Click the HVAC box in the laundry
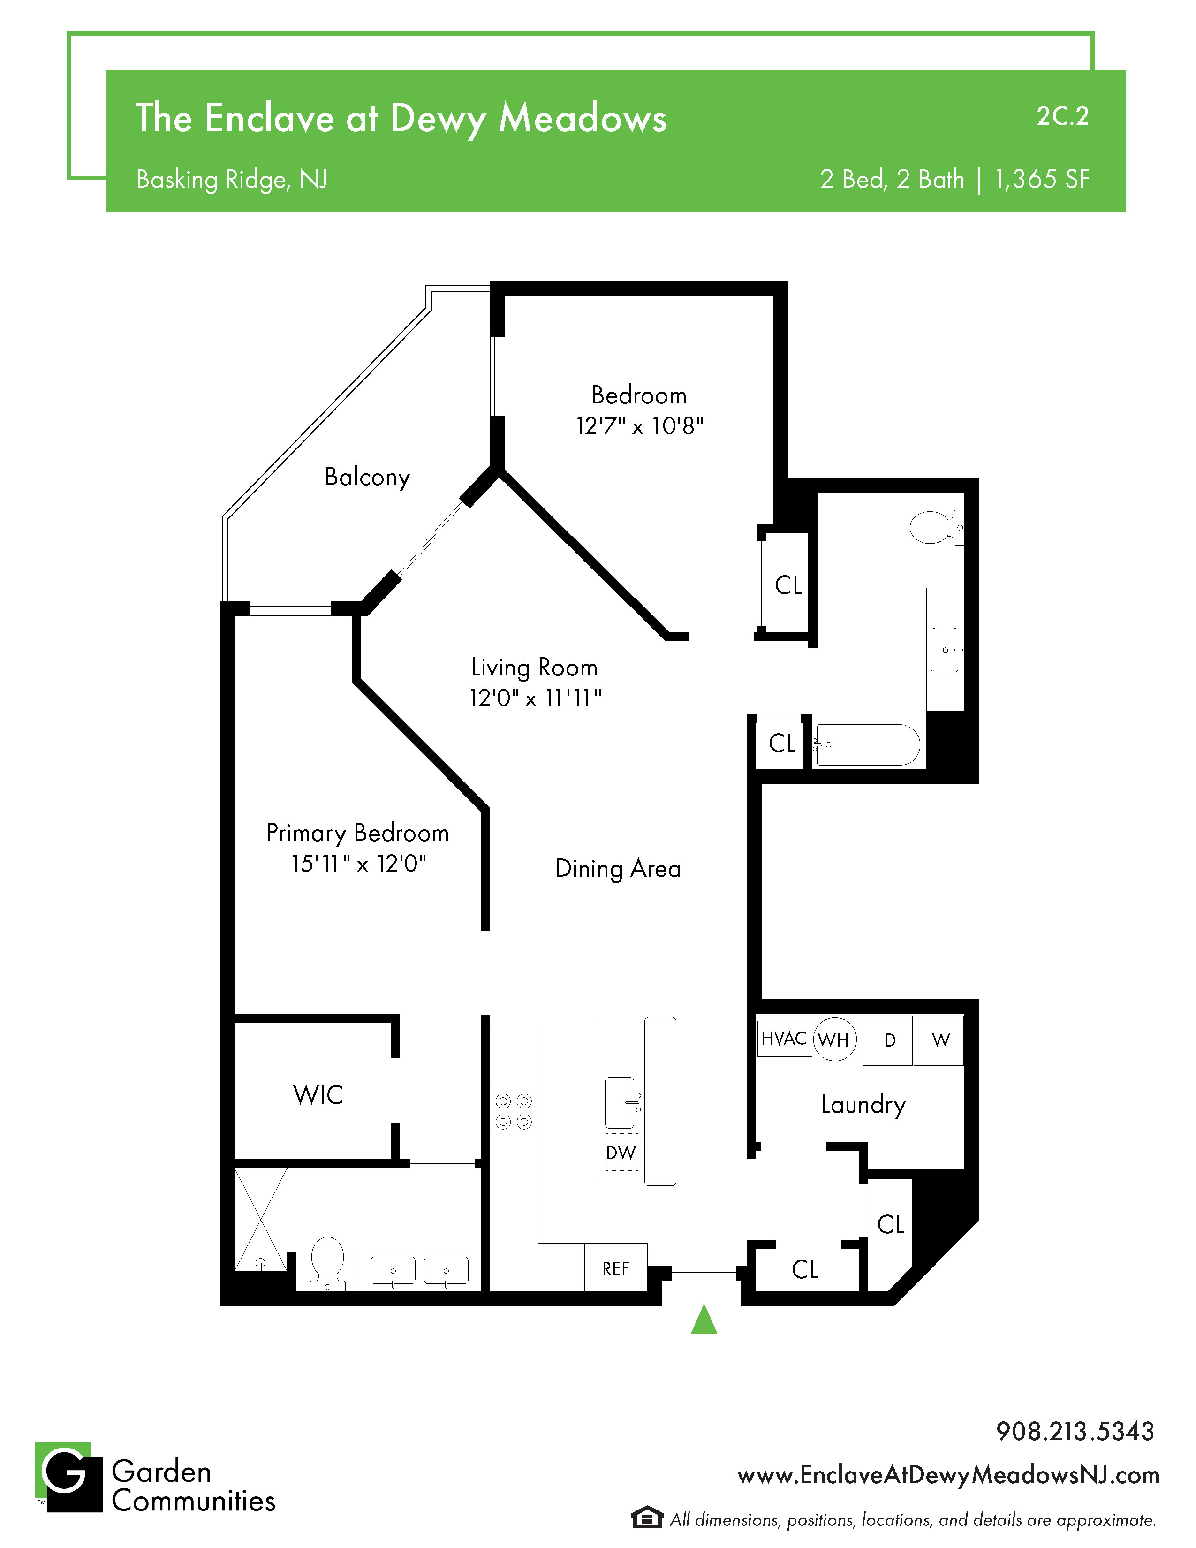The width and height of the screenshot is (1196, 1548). (784, 1039)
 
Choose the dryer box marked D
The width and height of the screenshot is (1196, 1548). (888, 1040)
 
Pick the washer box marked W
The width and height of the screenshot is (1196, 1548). (939, 1040)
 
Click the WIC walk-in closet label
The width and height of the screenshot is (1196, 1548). (318, 1095)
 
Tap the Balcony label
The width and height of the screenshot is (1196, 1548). (367, 477)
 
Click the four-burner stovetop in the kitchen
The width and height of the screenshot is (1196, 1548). (514, 1111)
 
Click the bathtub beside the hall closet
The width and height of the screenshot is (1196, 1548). (867, 745)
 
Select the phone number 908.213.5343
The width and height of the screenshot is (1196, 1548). (1075, 1431)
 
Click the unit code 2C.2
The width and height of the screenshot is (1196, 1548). (1062, 116)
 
